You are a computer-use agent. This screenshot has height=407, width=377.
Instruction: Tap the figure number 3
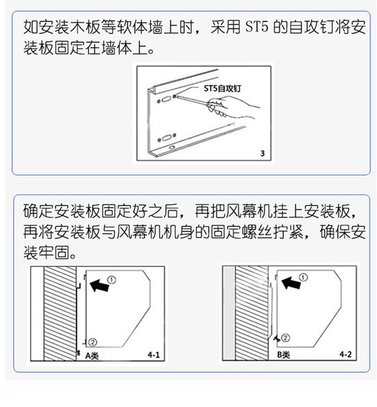[x=263, y=153]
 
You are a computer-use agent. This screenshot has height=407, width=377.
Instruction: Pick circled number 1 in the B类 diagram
[x=303, y=277]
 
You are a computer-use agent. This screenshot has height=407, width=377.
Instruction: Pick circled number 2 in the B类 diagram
[x=285, y=338]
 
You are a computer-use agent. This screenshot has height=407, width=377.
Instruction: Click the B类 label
[x=284, y=355]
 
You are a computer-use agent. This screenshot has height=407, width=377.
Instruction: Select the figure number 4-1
[x=153, y=355]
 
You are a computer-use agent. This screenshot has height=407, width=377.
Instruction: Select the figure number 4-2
[x=345, y=355]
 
